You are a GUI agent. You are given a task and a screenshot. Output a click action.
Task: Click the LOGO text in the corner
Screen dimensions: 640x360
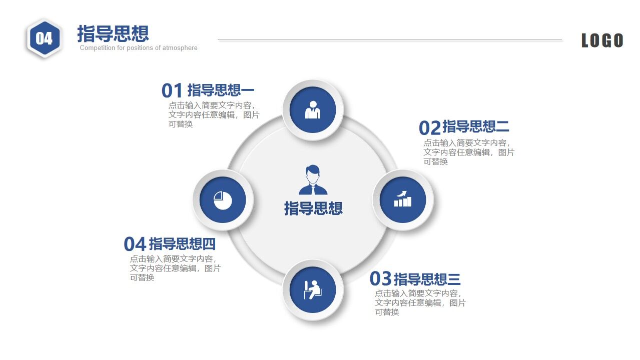602,40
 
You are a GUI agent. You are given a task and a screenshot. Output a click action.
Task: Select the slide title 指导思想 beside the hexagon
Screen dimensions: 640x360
113,33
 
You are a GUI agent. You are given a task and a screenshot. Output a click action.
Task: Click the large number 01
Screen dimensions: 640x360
172,90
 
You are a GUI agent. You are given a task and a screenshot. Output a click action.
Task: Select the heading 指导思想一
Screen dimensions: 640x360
221,90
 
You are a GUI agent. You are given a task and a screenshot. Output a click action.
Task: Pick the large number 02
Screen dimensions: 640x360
430,127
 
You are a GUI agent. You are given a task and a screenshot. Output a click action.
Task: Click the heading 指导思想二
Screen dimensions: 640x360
476,126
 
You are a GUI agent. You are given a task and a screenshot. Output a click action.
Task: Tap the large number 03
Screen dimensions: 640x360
380,278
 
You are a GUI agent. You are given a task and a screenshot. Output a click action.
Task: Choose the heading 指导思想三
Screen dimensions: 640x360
427,279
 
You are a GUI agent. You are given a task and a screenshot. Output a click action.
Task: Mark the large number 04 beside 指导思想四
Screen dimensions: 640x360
135,244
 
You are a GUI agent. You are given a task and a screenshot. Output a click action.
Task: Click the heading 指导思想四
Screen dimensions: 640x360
182,244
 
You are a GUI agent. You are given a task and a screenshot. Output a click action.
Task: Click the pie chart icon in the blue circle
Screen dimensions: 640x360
223,200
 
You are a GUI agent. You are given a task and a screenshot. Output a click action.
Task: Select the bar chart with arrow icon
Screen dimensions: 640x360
403,198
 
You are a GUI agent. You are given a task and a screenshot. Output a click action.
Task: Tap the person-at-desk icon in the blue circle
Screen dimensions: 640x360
313,290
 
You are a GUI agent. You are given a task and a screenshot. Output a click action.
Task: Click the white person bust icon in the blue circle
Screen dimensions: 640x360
313,109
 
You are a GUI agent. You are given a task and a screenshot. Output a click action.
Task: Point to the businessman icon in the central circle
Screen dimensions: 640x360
313,179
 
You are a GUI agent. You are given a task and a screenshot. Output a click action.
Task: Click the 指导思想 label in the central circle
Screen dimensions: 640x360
313,208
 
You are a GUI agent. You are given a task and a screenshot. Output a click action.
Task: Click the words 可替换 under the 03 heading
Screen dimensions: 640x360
387,312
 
